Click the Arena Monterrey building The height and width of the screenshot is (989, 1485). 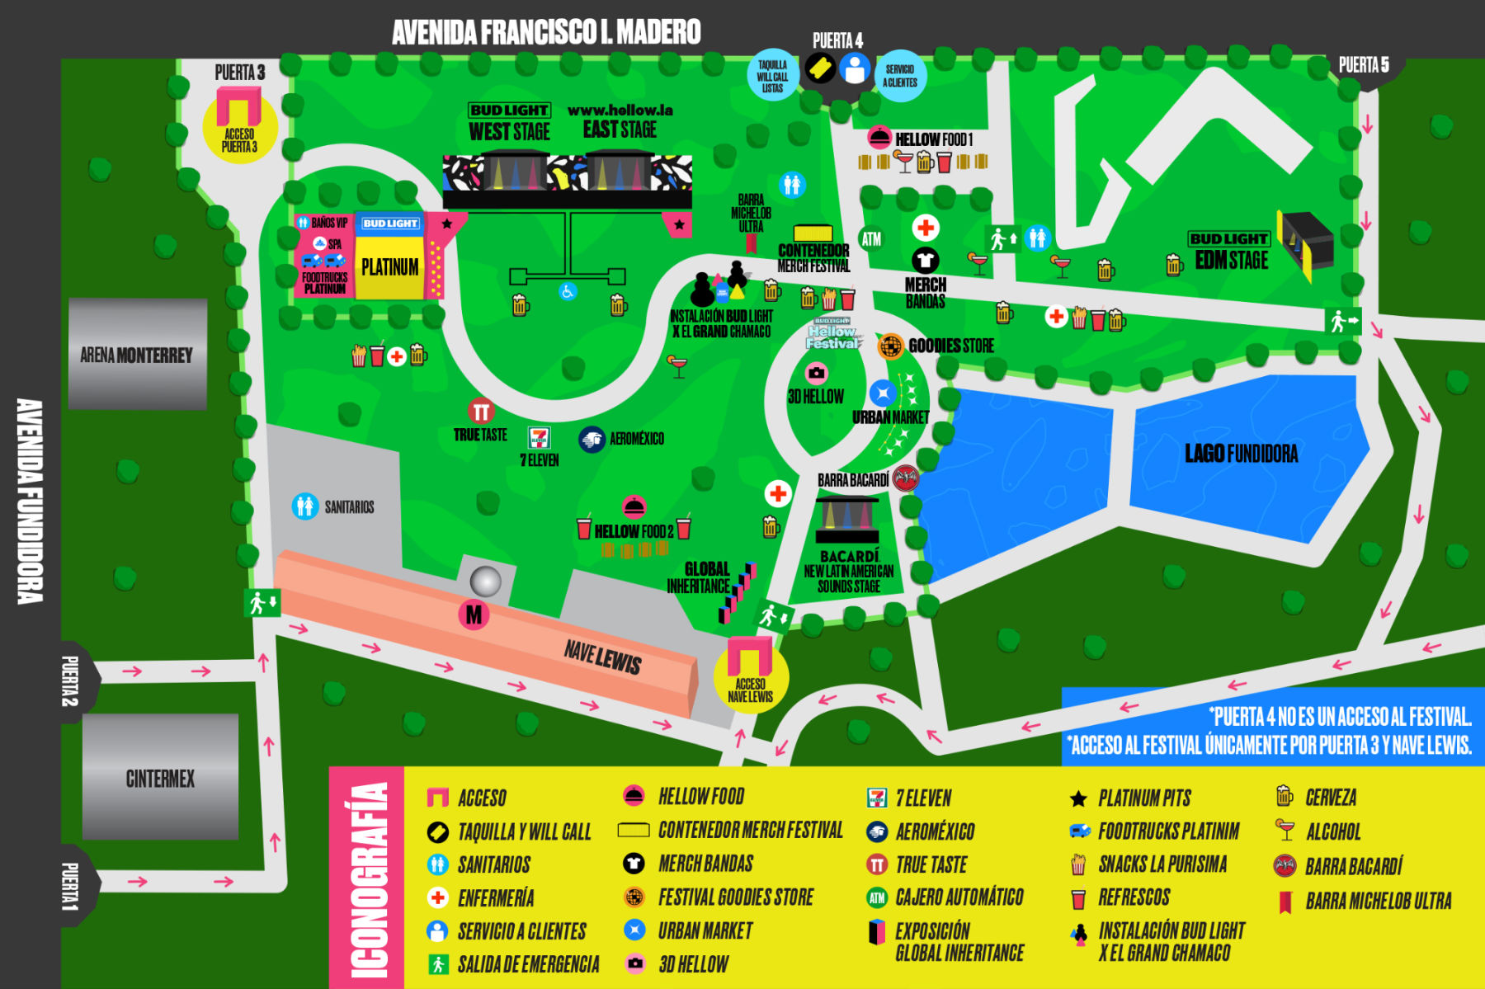[137, 355]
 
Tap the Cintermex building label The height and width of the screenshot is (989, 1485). [160, 779]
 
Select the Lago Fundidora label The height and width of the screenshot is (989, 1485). [1241, 454]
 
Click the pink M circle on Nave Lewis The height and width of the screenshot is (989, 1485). [474, 615]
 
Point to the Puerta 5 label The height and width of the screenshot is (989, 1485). [1363, 65]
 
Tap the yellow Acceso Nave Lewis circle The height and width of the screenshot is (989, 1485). [751, 676]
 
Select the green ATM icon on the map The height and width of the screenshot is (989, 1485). [871, 239]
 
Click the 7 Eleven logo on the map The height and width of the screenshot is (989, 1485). [540, 437]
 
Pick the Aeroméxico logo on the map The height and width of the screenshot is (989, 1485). [592, 440]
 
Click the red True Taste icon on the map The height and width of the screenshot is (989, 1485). [480, 411]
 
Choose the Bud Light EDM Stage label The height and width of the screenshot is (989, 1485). [1230, 252]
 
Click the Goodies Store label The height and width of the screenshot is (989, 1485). [950, 346]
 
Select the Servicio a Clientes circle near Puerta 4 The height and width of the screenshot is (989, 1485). [900, 77]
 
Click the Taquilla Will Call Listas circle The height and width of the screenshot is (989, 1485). [772, 77]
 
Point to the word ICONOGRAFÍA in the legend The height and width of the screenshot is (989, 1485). [368, 879]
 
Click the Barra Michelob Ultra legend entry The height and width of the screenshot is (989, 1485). [1378, 902]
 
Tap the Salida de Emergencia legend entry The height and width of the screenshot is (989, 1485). [528, 964]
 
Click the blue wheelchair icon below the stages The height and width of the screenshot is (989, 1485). [568, 291]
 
